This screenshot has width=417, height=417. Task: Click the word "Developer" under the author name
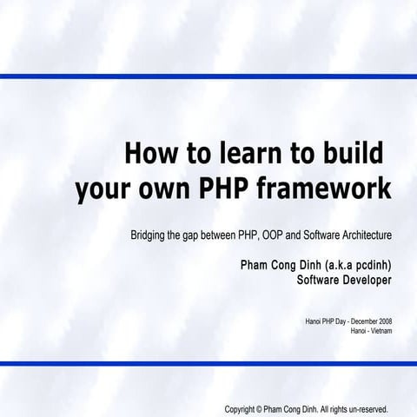pos(363,281)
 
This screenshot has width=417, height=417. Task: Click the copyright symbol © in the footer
pos(261,408)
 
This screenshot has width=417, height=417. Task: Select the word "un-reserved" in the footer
pos(365,408)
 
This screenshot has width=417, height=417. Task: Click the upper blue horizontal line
pos(208,76)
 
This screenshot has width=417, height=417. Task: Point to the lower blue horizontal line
pos(208,363)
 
